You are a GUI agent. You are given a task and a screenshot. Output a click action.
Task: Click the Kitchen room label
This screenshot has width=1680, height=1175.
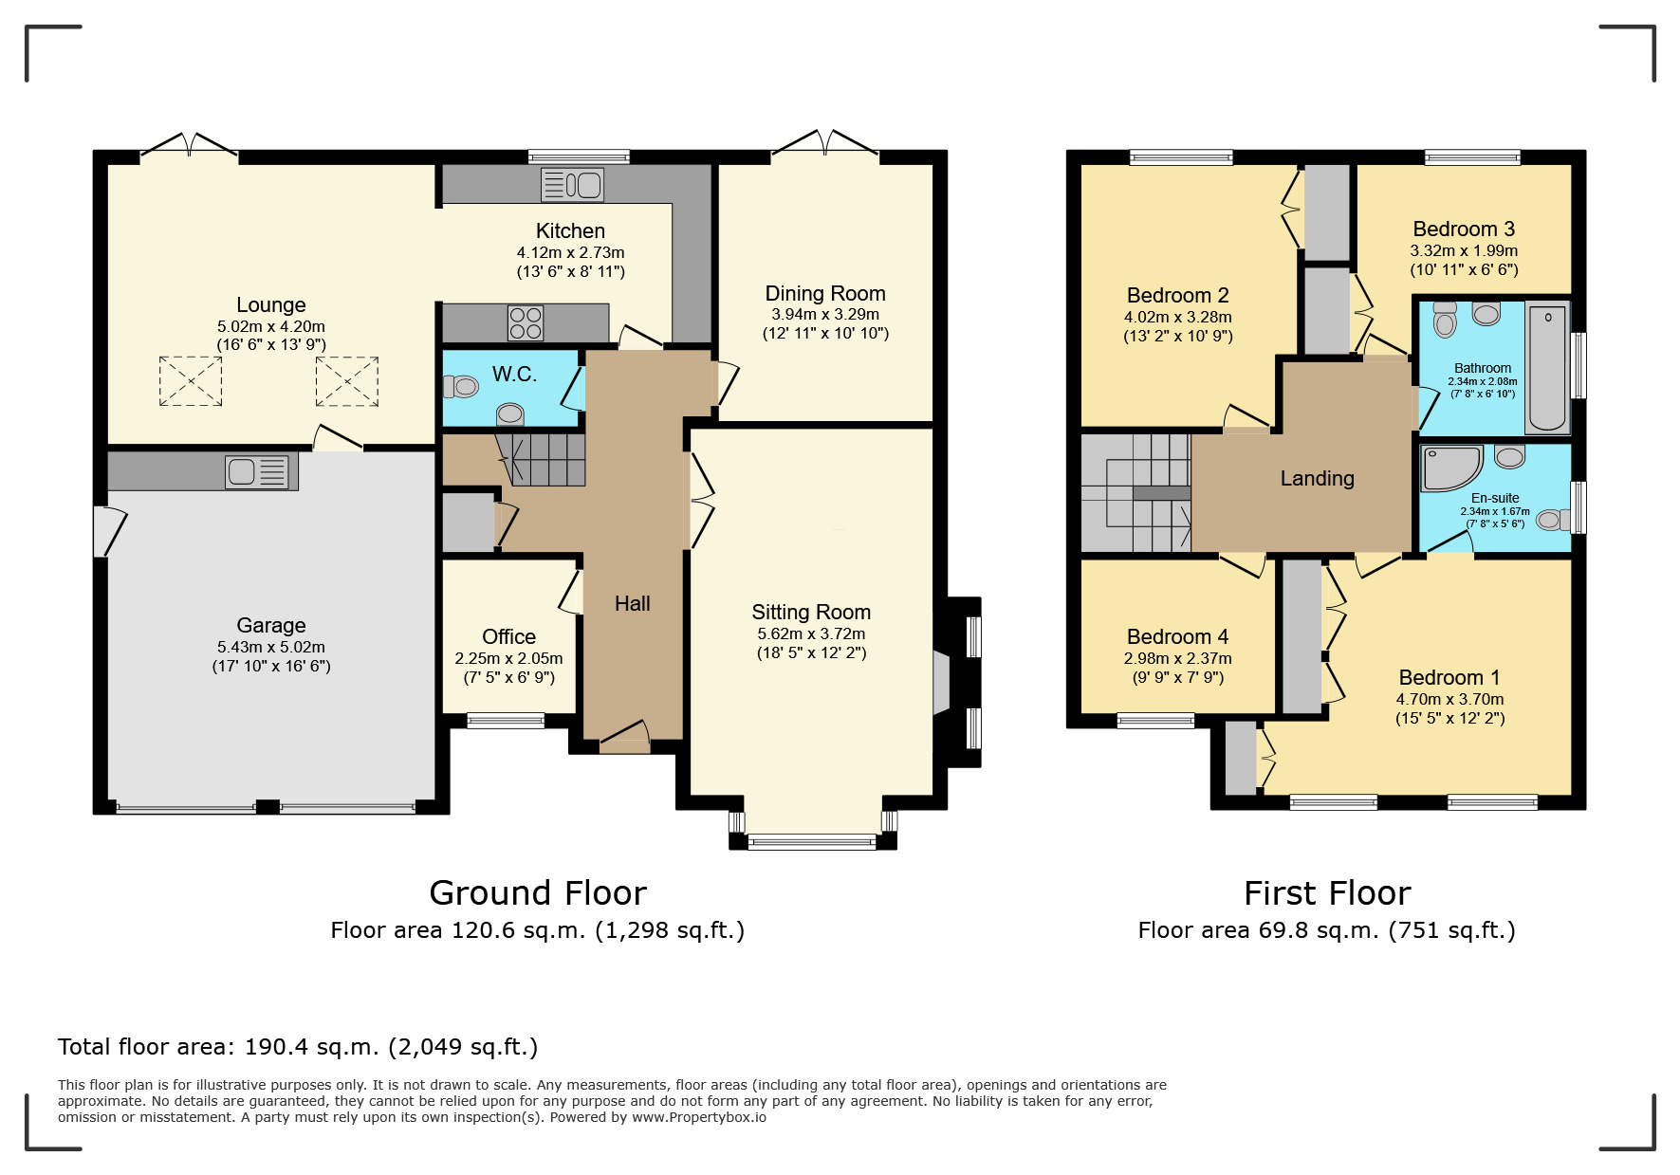pos(570,231)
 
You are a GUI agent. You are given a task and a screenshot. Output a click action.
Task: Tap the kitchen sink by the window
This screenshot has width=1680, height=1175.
pos(572,184)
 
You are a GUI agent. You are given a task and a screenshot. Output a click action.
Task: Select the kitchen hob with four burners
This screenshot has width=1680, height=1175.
pos(526,322)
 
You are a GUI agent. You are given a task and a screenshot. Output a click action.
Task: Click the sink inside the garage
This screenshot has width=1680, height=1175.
pos(256,471)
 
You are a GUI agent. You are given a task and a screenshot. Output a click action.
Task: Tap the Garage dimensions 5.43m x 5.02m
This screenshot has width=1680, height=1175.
pos(271,647)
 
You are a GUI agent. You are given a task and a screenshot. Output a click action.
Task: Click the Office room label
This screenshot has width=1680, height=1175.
pos(508,636)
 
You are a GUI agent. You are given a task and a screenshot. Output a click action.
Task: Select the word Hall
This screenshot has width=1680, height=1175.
pos(633,604)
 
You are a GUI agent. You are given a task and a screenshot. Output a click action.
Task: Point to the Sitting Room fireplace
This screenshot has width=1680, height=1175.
pos(941,681)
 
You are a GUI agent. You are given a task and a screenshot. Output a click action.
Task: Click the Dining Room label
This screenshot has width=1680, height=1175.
pos(825,294)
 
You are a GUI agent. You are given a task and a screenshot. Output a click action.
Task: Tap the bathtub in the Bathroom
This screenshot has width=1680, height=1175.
pos(1548,367)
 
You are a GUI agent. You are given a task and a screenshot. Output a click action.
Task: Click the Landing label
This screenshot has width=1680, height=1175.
pos(1317,479)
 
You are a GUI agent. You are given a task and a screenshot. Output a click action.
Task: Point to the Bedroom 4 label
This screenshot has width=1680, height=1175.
pos(1177,637)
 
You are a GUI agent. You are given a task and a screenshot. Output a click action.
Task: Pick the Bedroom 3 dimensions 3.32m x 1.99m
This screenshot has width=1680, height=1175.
pos(1464,251)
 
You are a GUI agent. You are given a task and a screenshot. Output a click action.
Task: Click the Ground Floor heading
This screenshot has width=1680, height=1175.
pos(538,893)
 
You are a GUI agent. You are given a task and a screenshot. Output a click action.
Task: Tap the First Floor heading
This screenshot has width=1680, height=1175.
pos(1327,893)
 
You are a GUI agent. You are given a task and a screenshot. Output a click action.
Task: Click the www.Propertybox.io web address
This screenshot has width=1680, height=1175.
pos(699,1117)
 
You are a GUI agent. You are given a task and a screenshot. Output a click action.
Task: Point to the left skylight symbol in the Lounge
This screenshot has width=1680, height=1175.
pos(191,381)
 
